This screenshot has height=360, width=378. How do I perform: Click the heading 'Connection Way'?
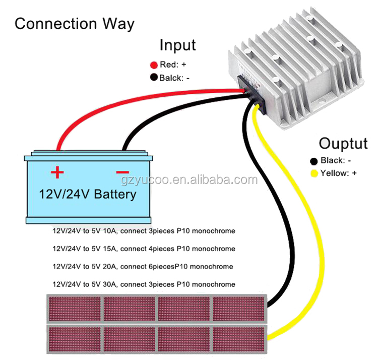[75, 24]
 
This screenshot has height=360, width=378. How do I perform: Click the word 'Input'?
[177, 45]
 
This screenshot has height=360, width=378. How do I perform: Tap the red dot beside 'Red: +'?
[154, 65]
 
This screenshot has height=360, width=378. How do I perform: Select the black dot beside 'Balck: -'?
[154, 78]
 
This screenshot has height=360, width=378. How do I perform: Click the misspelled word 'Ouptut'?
[343, 144]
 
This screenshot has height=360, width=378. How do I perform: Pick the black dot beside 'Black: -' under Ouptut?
[313, 161]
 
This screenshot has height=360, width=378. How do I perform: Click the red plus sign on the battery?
[57, 173]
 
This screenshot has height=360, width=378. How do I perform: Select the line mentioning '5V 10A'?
[144, 231]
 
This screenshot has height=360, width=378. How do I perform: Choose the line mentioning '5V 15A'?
[144, 249]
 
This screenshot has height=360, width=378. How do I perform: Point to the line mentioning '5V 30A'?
[144, 284]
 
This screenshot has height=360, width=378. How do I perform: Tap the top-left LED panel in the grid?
[75, 309]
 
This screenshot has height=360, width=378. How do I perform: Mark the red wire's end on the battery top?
[59, 148]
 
